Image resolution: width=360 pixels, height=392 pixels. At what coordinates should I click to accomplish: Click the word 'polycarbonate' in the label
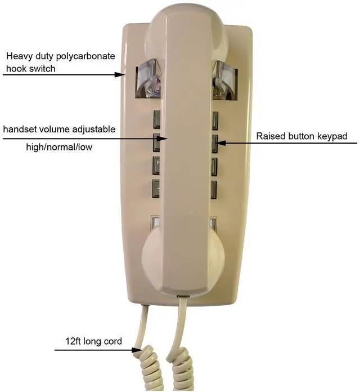[x=87, y=56]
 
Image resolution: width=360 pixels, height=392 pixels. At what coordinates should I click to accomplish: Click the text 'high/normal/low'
[x=59, y=148]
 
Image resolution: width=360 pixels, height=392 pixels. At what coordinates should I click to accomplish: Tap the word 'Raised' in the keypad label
[x=270, y=136]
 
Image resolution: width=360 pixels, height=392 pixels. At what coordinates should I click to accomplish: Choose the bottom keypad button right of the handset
[x=214, y=188]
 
